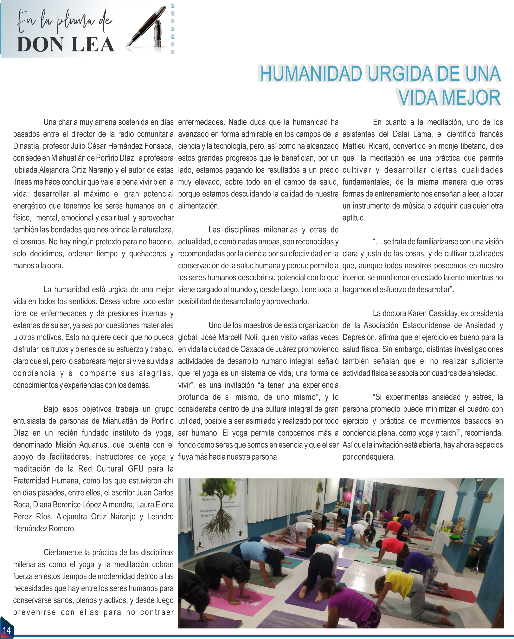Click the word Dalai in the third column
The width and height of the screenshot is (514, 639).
point(403,134)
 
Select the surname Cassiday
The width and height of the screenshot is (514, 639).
point(435,313)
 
